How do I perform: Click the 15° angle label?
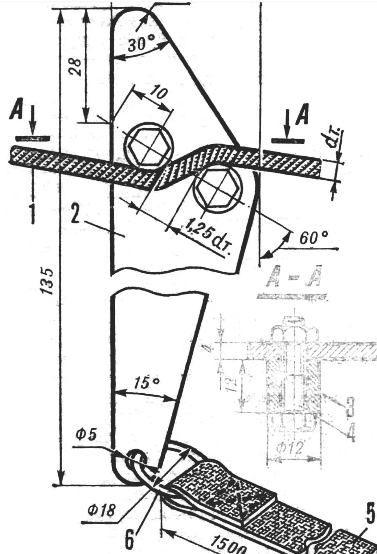[147, 382]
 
